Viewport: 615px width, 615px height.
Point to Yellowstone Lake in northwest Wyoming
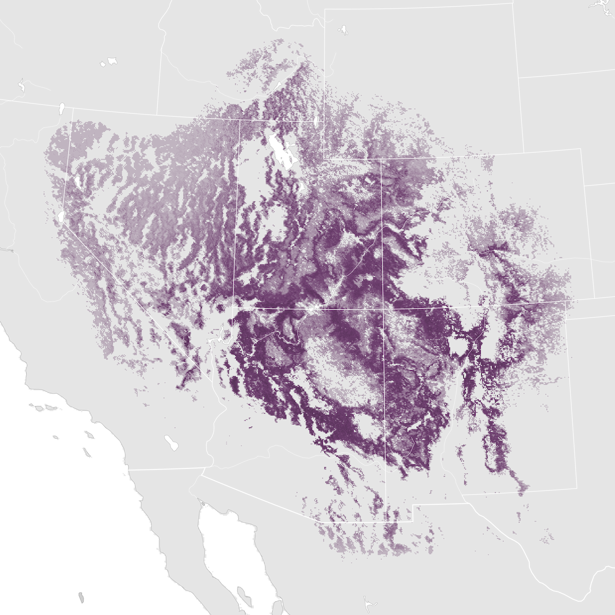(342, 30)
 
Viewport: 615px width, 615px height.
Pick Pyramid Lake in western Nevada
(77, 181)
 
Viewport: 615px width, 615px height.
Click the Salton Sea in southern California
(171, 443)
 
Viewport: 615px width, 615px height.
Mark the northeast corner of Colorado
(580, 149)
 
